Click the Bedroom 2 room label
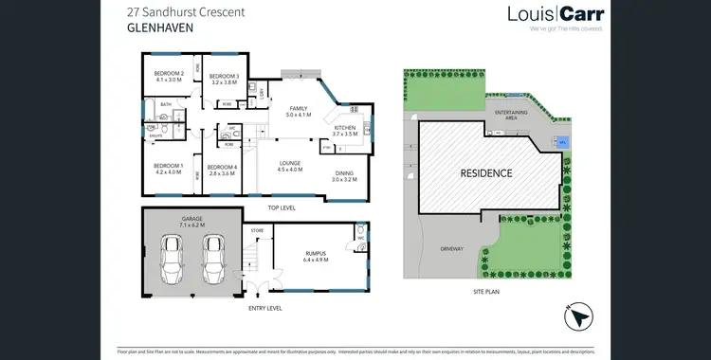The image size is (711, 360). coord(169,78)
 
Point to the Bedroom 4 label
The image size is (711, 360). coord(222,171)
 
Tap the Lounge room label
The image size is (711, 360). coord(289,166)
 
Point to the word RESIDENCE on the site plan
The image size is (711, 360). coord(486,173)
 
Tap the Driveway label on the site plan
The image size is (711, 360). coord(451,247)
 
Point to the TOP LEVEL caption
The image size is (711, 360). coord(282,207)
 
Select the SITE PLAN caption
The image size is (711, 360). coord(484,290)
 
